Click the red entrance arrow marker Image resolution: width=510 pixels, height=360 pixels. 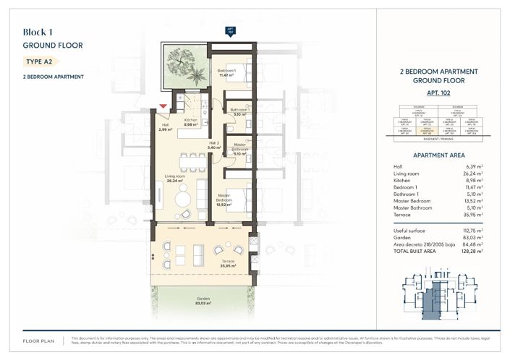[x=163, y=107]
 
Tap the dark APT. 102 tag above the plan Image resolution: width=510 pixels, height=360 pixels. [x=230, y=30]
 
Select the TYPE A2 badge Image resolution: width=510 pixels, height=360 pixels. [x=40, y=61]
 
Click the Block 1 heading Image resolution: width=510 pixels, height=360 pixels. [x=39, y=32]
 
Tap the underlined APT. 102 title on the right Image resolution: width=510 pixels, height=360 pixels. [x=438, y=94]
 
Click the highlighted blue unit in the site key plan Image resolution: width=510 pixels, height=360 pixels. [x=432, y=299]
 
